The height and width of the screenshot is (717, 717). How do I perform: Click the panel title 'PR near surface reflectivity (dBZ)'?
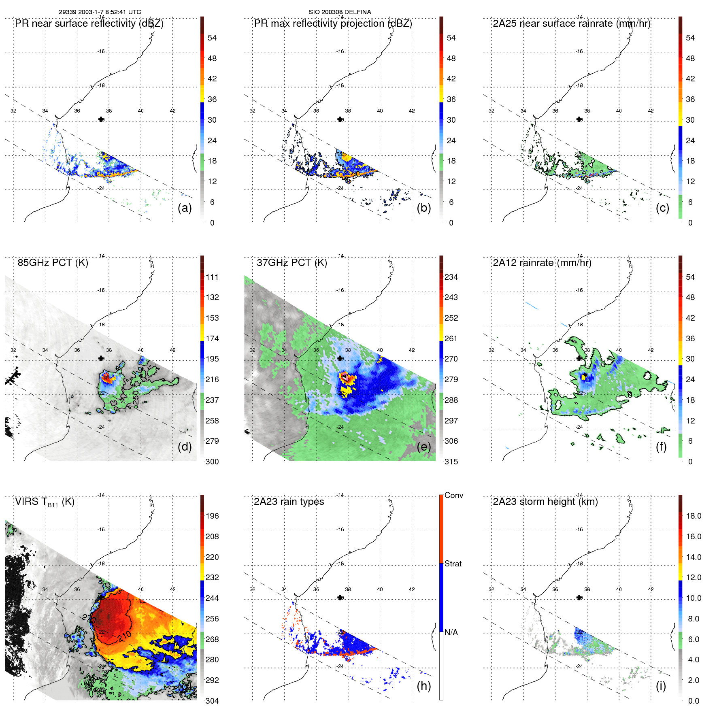click(x=89, y=23)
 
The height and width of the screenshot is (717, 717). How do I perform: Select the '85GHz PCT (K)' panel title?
click(x=53, y=263)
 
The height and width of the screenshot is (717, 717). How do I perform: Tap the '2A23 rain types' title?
click(x=289, y=502)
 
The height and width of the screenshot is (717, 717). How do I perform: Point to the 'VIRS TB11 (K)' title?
click(x=45, y=502)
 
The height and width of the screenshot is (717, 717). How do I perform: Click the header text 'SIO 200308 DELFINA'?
click(x=340, y=12)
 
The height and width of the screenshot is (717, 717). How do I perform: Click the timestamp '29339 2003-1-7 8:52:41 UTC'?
click(x=100, y=12)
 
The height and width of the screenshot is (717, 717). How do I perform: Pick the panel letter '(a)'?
click(x=185, y=208)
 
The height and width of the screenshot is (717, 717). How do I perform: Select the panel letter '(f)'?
click(x=661, y=447)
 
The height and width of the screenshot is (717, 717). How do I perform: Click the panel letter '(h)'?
click(x=424, y=686)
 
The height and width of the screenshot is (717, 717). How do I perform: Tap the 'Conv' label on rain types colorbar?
click(x=454, y=495)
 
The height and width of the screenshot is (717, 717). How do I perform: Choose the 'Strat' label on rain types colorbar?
click(x=453, y=564)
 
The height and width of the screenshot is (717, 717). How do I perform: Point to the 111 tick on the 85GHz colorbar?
click(x=212, y=277)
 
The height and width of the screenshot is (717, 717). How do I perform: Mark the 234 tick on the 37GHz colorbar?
click(x=451, y=277)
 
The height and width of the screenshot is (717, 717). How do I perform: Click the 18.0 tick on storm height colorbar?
click(x=694, y=516)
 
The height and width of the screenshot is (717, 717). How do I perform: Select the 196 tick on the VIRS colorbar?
click(x=212, y=516)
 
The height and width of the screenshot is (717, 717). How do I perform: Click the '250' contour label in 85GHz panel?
click(x=136, y=399)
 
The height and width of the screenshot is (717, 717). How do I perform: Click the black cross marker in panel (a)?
click(x=101, y=119)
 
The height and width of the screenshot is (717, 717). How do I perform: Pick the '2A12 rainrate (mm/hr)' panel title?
click(x=542, y=263)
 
